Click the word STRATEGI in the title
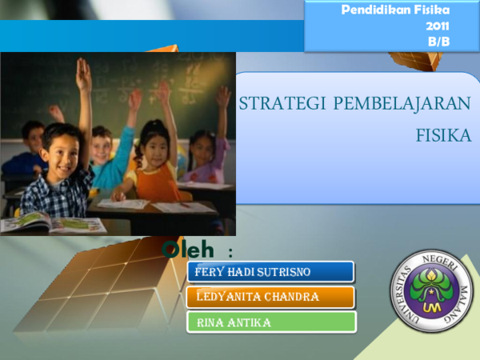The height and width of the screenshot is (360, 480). coord(282,103)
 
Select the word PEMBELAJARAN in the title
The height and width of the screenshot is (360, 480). coord(402,104)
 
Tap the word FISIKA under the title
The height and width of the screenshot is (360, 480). coord(443,135)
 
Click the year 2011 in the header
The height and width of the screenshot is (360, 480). coord(438,26)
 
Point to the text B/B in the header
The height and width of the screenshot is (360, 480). coord(438,42)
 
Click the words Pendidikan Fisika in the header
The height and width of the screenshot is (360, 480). coord(395,10)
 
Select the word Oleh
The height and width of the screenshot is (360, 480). coord(188,250)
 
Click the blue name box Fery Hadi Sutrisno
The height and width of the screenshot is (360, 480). coord(270,271)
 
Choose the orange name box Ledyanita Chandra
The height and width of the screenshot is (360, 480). coord(270,297)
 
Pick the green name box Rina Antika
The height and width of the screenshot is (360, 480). coord(271,322)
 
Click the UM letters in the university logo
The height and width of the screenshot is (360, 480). coord(432,306)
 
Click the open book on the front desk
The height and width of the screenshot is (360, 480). coord(52,222)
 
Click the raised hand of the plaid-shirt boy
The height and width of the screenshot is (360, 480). coord(83,74)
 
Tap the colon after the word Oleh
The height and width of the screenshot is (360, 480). coord(230,253)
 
